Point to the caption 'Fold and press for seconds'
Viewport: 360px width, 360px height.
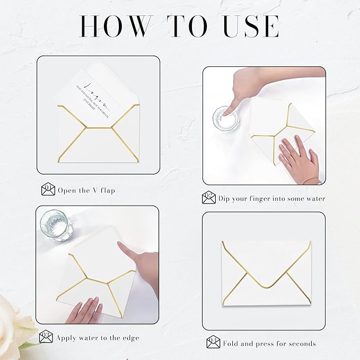coord(269,344)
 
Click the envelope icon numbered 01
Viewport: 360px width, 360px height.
coord(48,189)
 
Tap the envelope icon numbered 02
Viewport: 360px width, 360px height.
coord(209,198)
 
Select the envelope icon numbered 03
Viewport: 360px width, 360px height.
coord(46,337)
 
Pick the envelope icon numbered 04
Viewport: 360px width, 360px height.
coord(213,343)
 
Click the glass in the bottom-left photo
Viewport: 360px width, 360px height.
coord(56,225)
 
